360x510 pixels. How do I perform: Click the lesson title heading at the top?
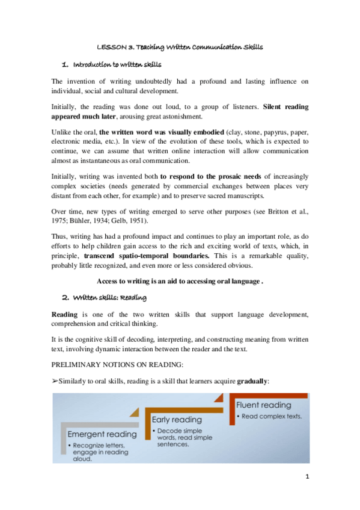pos(180,46)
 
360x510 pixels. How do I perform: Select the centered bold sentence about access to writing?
pos(180,281)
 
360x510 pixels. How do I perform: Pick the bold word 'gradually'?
pos(252,380)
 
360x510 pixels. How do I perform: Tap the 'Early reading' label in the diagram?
pos(177,419)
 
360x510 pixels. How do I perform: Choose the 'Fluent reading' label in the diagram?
pos(264,405)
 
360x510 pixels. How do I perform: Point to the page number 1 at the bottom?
pos(306,477)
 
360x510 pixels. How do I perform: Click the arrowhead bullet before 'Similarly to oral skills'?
pos(55,380)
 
